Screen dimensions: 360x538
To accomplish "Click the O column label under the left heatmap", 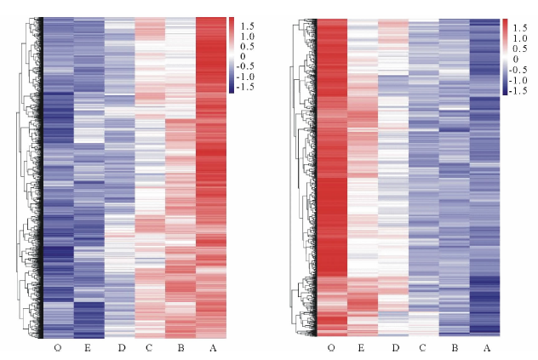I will (58, 347).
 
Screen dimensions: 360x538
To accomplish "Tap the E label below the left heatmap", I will (89, 347).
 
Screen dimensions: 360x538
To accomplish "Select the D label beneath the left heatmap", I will (120, 347).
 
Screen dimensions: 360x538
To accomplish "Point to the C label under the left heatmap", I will (149, 347).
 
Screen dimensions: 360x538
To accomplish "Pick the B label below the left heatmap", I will (180, 347).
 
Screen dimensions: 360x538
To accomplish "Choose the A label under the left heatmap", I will (211, 347).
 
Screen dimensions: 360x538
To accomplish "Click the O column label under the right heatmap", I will (331, 347).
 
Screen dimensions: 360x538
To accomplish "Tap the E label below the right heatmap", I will (362, 347).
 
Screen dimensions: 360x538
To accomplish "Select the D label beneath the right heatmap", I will (393, 347).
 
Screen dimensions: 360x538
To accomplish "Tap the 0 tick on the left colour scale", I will (241, 56).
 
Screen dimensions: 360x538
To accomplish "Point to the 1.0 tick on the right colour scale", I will (520, 35).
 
